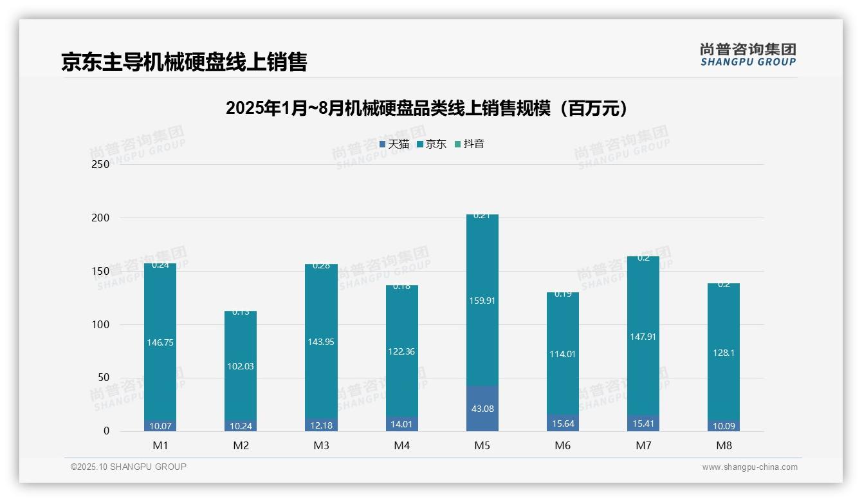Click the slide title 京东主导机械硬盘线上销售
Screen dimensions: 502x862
tap(184, 62)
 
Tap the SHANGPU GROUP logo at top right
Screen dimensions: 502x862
tap(747, 55)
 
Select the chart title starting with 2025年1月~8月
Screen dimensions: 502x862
tap(426, 108)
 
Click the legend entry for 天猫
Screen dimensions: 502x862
tap(394, 144)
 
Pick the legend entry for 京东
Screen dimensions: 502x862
tap(432, 144)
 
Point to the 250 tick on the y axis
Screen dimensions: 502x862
tap(101, 165)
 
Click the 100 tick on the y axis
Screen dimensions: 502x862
tap(101, 324)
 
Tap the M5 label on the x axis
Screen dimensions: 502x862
tap(482, 445)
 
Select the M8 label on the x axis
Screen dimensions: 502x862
tap(724, 445)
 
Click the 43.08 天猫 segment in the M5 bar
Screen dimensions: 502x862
tap(482, 409)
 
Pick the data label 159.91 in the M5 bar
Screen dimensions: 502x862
tap(482, 301)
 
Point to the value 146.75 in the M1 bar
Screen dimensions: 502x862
tap(160, 343)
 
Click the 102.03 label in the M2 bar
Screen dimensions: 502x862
tap(241, 366)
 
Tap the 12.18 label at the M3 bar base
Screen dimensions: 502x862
tap(321, 425)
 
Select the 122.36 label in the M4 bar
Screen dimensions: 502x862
tap(401, 351)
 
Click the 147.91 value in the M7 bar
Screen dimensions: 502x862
tap(643, 336)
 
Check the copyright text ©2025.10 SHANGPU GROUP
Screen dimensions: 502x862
tap(129, 467)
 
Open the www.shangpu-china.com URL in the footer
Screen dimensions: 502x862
tap(749, 467)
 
